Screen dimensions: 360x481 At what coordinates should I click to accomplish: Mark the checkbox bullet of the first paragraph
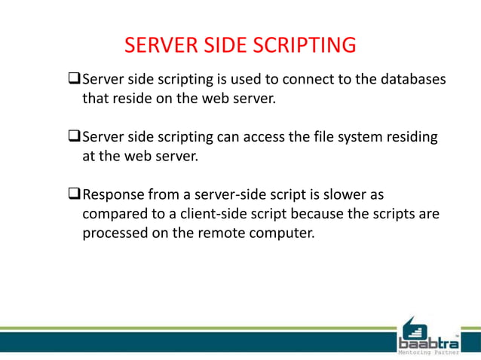point(74,79)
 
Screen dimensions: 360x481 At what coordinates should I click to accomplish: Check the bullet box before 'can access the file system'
point(74,137)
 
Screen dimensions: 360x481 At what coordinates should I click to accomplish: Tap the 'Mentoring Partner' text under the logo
point(428,351)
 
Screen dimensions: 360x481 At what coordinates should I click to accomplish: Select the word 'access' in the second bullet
point(257,137)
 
